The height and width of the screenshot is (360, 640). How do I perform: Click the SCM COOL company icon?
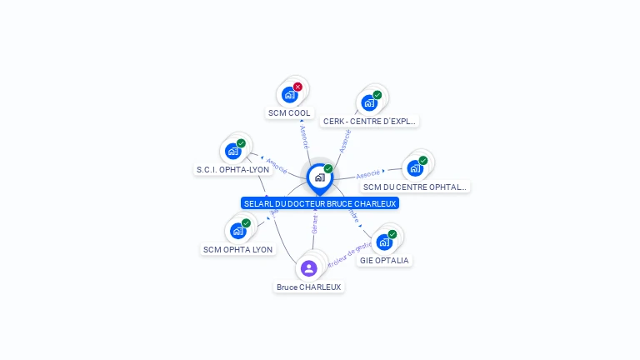tap(290, 94)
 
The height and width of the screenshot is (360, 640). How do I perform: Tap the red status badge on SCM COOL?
tap(297, 87)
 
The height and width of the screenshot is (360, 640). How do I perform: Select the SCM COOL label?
tap(289, 112)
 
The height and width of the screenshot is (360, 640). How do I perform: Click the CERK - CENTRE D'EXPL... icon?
tap(369, 103)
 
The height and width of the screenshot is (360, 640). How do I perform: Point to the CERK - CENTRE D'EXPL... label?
tap(369, 121)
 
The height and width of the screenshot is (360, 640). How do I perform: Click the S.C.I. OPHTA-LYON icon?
tap(233, 152)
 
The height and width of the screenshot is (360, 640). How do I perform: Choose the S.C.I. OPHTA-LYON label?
tap(232, 169)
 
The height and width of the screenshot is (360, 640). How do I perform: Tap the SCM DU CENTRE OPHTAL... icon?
tap(415, 168)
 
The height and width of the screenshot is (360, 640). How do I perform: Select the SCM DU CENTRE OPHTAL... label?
tap(415, 187)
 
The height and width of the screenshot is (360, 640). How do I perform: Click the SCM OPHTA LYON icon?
tap(238, 231)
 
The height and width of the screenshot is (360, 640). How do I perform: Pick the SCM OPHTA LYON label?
tap(238, 249)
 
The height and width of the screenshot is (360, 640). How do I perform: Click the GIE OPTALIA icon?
tap(384, 242)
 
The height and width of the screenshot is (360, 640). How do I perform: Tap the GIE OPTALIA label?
tap(384, 260)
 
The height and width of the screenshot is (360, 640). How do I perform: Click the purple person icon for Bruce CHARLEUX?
tap(309, 268)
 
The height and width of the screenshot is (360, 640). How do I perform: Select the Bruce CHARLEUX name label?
tap(309, 287)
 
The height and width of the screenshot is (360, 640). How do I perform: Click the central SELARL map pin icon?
tap(319, 177)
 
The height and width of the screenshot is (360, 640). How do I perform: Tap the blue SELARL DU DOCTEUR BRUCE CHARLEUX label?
tap(320, 203)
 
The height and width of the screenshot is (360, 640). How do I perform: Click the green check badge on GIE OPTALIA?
tap(392, 234)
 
